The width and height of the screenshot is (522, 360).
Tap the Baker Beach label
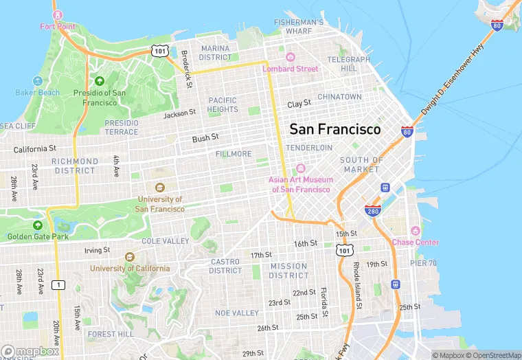38,93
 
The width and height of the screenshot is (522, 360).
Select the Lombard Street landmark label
290,69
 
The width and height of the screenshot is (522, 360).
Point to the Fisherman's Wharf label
299,26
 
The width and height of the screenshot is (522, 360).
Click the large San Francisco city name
334,129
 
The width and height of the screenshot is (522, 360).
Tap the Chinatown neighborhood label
339,97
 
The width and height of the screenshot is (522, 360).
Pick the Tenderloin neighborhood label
308,148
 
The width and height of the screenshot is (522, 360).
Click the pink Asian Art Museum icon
299,169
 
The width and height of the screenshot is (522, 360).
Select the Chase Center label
415,242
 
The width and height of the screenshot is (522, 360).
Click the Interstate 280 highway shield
373,210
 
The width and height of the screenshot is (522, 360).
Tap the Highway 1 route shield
60,284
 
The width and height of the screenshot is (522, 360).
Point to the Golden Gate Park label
38,236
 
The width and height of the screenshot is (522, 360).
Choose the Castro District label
225,266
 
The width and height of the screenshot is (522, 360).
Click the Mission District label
288,271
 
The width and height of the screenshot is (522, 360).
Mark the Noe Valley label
237,313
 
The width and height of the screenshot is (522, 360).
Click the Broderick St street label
187,69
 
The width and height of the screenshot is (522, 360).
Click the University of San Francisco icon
159,188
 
